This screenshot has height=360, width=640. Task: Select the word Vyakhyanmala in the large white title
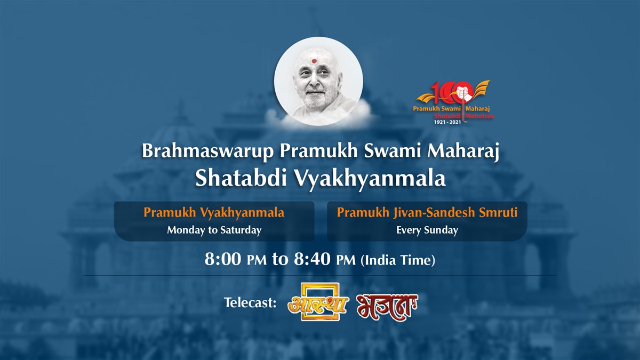coord(367,179)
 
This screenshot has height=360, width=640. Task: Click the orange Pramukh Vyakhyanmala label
coord(214,212)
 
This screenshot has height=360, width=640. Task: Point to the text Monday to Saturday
coord(214,230)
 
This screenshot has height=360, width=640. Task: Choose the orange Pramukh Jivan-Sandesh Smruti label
coord(427,212)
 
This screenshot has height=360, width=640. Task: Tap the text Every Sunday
coord(427,230)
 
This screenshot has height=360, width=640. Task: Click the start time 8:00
coord(224,260)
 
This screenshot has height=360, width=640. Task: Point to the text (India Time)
coord(398,260)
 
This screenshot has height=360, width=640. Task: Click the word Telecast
coord(250,303)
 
